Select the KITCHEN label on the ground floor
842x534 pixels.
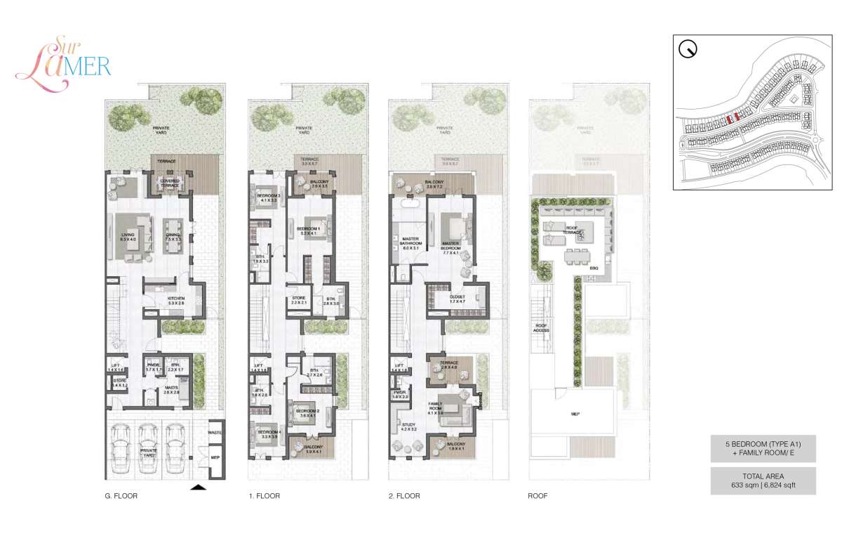click(x=175, y=299)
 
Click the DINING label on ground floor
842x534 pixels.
click(x=173, y=237)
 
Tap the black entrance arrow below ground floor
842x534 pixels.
click(x=199, y=486)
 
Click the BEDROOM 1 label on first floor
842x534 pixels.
click(x=308, y=229)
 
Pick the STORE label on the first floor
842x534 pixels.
click(x=298, y=299)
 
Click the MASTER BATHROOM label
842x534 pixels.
click(x=410, y=245)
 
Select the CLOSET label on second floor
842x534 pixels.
click(x=457, y=298)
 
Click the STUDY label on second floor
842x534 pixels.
click(x=409, y=426)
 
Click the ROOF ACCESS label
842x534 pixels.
click(x=541, y=327)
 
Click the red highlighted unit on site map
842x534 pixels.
click(x=730, y=119)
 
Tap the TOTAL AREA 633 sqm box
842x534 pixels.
click(x=763, y=481)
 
